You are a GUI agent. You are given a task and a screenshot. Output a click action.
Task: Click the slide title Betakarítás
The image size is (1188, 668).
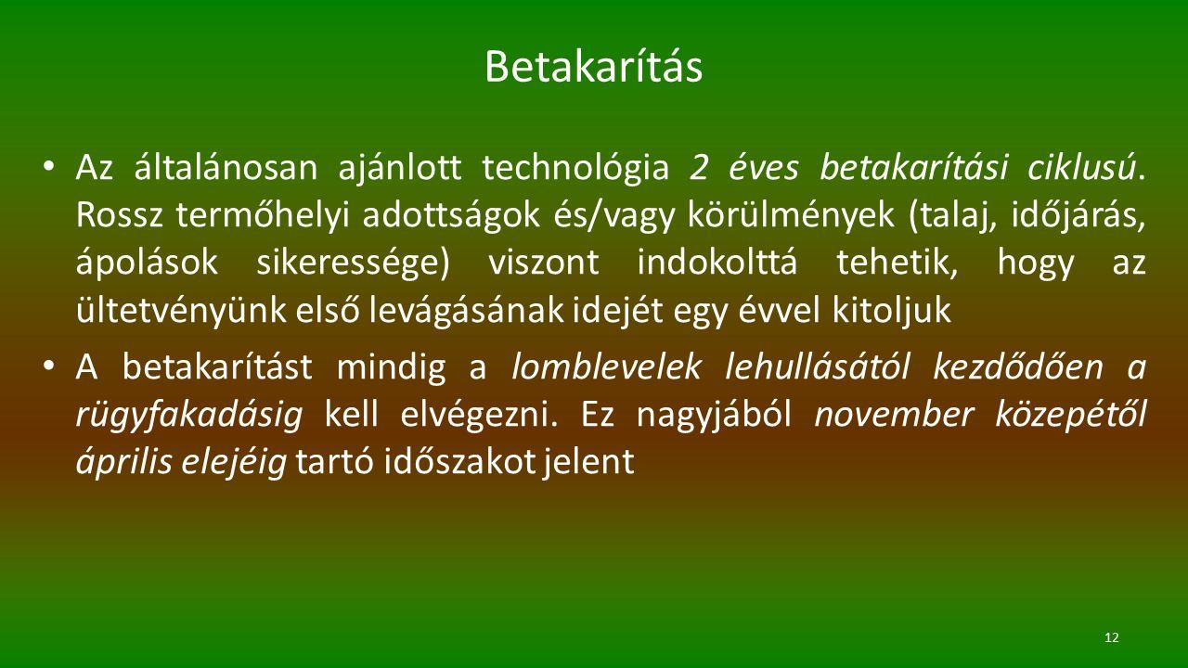click(x=593, y=66)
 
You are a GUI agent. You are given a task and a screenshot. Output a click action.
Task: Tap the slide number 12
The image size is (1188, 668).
click(x=1112, y=637)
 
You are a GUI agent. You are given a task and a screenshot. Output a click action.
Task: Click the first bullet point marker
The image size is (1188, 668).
click(x=49, y=166)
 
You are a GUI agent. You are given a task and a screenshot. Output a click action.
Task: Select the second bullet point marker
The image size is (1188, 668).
click(x=49, y=366)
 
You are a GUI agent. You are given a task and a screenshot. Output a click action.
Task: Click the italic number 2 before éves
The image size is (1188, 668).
click(x=699, y=169)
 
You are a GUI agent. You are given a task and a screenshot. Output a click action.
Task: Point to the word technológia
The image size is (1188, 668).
click(x=575, y=169)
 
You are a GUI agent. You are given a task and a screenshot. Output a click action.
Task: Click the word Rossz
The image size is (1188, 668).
click(x=120, y=216)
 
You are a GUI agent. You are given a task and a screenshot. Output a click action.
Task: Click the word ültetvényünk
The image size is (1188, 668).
click(x=181, y=311)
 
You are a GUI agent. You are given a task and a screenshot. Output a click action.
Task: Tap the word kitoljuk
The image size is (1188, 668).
click(x=891, y=311)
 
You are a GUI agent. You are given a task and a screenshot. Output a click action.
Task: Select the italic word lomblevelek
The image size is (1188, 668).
click(x=607, y=366)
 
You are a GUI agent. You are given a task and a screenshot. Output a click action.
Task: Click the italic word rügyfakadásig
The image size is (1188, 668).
click(x=189, y=416)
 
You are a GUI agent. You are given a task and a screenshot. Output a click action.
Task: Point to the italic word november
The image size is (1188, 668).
click(x=894, y=415)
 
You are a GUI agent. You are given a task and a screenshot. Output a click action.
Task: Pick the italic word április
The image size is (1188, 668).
click(x=124, y=462)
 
